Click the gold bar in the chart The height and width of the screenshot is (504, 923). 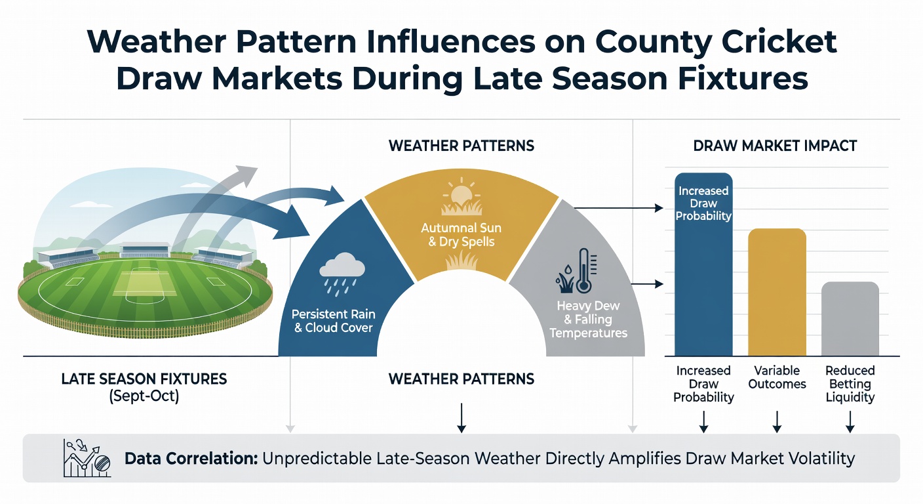[x=777, y=292]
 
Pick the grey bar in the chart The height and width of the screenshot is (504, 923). [x=850, y=319]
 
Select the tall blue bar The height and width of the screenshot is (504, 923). [x=704, y=264]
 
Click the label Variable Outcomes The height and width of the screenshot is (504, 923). [x=777, y=377]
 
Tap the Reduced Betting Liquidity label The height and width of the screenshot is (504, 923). [x=850, y=384]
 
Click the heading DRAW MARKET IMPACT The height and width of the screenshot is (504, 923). [x=775, y=146]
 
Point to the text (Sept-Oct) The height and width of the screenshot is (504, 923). [x=144, y=396]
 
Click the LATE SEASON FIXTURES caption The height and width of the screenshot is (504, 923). [x=144, y=379]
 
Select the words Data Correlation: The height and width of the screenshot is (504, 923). [x=191, y=459]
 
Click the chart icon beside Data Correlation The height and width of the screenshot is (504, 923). [x=87, y=458]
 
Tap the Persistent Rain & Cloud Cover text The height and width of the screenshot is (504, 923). [x=334, y=321]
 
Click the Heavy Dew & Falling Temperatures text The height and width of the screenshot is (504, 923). [x=589, y=320]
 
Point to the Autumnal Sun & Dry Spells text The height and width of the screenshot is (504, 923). [x=461, y=235]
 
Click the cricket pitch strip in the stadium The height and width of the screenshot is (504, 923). [x=145, y=283]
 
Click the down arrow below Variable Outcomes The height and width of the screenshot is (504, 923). [x=777, y=421]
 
